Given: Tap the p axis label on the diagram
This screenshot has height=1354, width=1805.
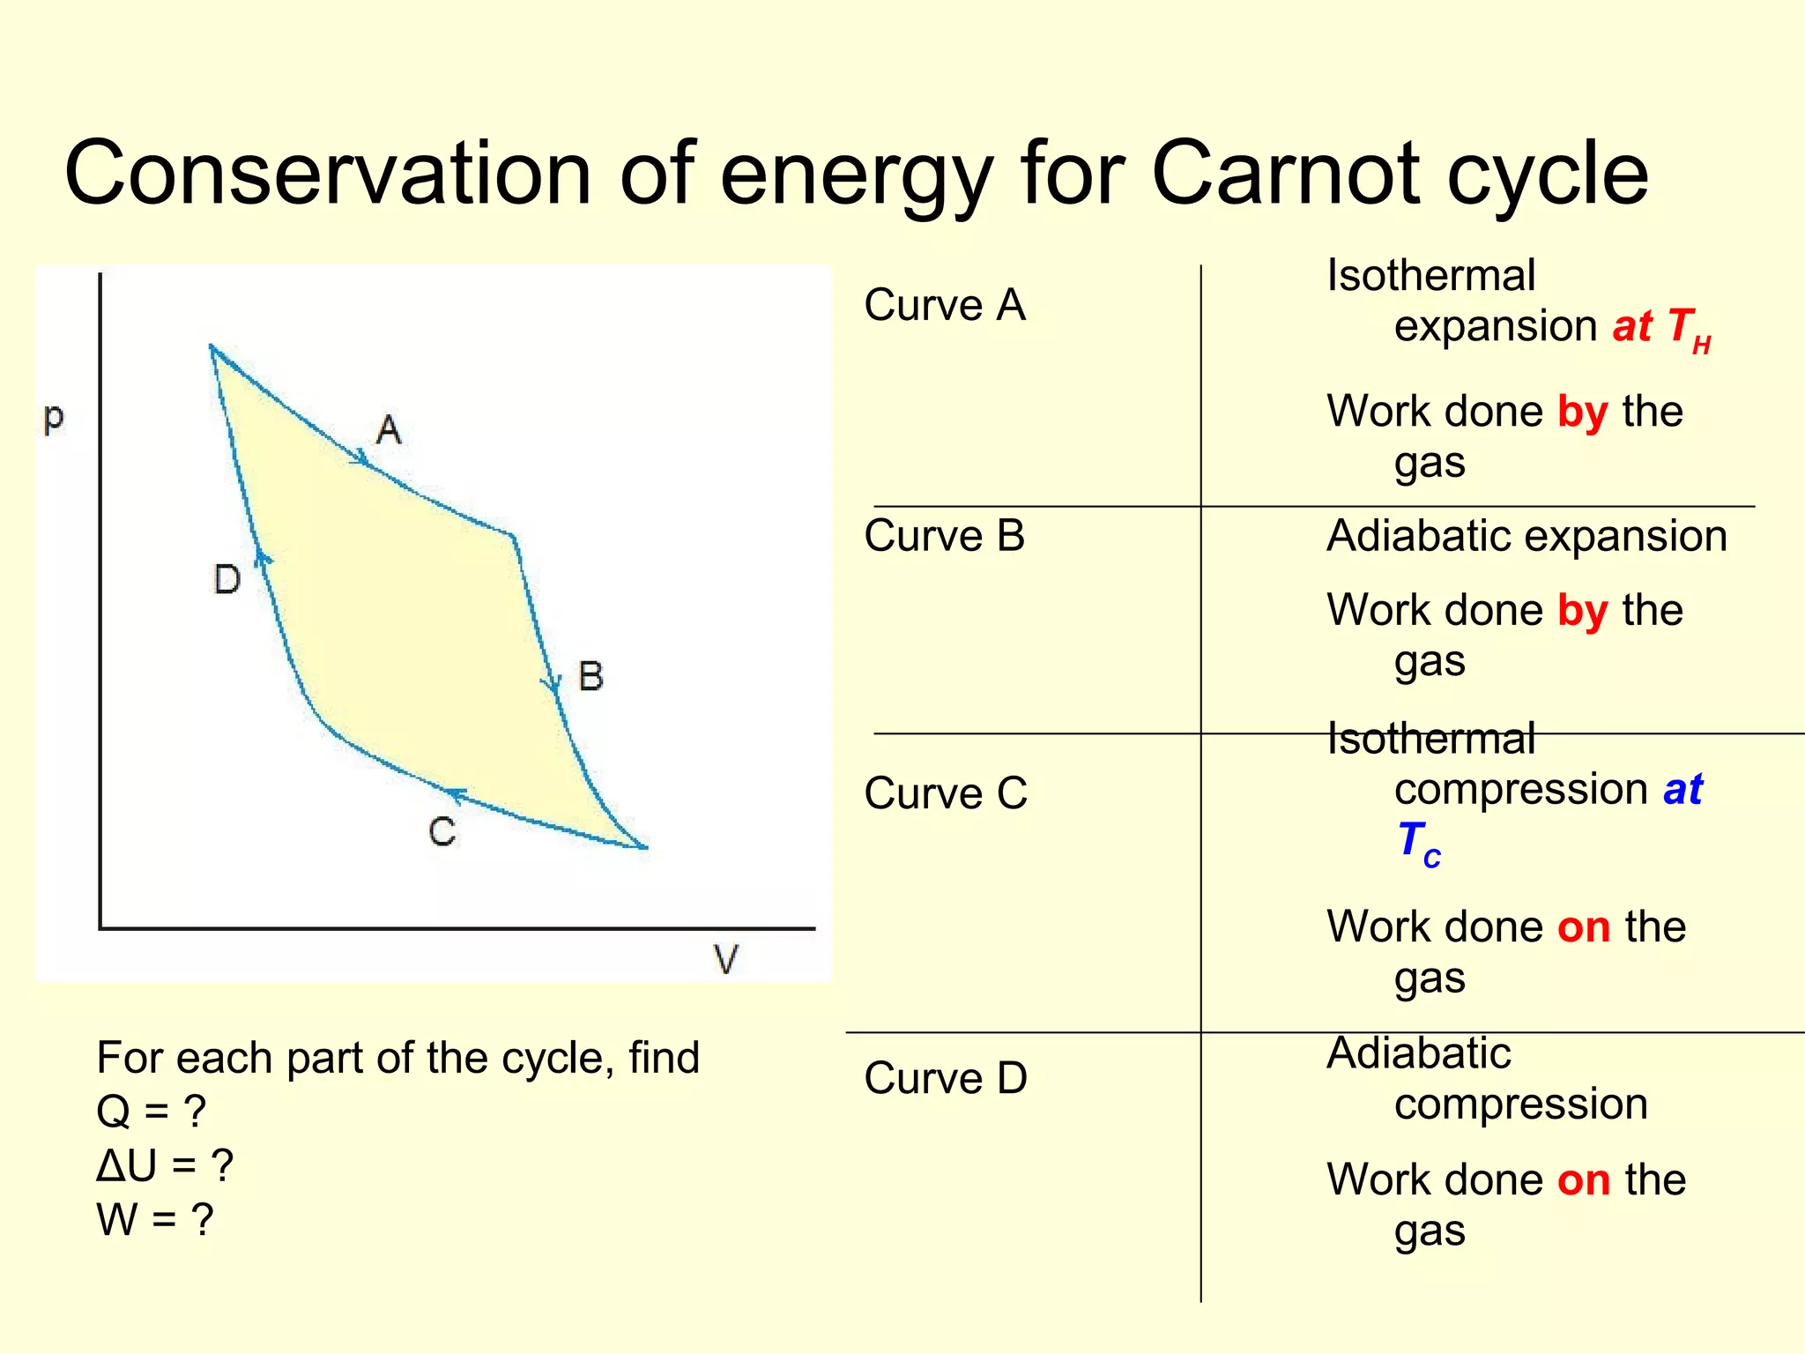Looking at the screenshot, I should tap(53, 417).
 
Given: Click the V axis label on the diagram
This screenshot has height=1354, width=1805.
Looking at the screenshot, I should tap(725, 959).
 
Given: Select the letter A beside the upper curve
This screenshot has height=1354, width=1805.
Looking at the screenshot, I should tap(389, 430).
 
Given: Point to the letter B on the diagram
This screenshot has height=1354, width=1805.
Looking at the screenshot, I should tap(591, 677).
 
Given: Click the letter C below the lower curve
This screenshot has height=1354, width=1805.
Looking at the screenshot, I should tap(442, 832).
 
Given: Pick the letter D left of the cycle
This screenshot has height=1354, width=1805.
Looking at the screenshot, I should tap(227, 580).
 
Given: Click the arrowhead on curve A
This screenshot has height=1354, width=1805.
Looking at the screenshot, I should tap(360, 457).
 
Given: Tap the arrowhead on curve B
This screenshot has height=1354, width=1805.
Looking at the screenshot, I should tap(552, 683).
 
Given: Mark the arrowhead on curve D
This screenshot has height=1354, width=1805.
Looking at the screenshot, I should tap(262, 557).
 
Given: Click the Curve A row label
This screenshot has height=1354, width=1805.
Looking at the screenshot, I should tap(945, 306).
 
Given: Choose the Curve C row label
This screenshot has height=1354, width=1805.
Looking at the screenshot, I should tap(946, 793).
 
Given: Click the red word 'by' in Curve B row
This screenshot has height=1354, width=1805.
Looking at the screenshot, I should tap(1582, 611).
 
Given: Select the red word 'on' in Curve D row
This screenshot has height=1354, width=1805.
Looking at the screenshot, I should tap(1584, 1180).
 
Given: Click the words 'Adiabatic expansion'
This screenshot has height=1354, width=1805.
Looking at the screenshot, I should tap(1526, 536).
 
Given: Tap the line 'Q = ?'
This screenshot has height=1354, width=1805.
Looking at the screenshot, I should tap(151, 1112).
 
